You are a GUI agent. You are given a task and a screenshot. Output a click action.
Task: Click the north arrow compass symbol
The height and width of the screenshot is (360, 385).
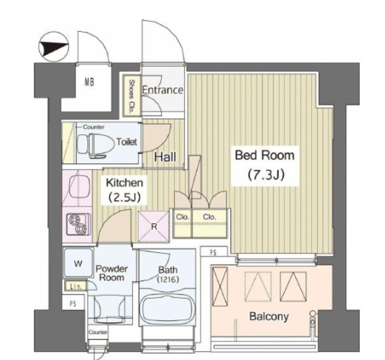click(x=54, y=47)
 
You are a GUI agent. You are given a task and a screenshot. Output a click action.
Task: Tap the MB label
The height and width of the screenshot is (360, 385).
click(x=90, y=82)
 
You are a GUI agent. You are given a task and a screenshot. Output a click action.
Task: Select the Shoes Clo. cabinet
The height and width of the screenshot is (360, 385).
click(x=131, y=95)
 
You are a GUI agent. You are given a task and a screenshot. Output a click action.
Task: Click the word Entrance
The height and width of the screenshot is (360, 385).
click(x=163, y=90)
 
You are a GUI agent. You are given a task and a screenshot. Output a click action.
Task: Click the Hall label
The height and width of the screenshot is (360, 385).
click(x=165, y=157)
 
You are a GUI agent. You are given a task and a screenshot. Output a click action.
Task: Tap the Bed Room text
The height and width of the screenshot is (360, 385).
click(x=265, y=155)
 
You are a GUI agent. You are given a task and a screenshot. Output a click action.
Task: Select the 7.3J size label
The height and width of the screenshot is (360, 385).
click(x=266, y=175)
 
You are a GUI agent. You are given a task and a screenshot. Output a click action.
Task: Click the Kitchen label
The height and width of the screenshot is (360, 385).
click(x=125, y=183)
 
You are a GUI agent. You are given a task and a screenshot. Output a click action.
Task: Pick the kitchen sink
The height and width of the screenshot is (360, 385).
click(x=78, y=188)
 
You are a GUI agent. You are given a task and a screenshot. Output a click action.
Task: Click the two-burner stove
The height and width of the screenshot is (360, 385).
click(x=78, y=224)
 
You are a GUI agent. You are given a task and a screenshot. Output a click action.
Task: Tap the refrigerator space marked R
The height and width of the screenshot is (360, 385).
click(x=153, y=226)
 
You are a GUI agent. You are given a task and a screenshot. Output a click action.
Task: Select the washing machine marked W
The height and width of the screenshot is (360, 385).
click(x=78, y=264)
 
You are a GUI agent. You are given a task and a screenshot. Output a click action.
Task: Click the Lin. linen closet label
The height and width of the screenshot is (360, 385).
click(x=76, y=286)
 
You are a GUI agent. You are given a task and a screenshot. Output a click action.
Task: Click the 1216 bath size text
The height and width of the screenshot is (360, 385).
click(x=168, y=279)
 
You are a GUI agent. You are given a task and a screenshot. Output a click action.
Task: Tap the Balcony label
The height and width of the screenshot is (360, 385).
click(x=269, y=317)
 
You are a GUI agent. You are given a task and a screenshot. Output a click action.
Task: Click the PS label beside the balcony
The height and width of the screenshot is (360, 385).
click(x=214, y=252)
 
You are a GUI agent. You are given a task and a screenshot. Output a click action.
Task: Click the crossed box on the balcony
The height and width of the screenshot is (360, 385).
click(x=220, y=287)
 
